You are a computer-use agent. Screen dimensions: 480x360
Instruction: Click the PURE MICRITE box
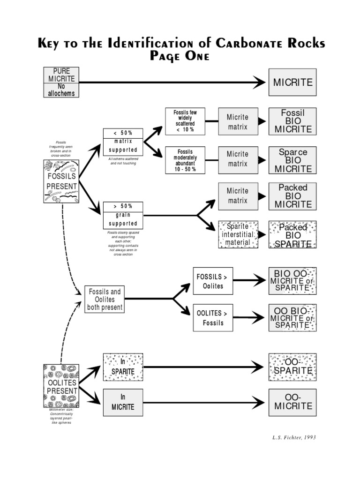coord(61,82)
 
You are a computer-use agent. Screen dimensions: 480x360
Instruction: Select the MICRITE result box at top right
coord(292,82)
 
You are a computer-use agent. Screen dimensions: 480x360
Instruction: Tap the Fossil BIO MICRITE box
coord(292,121)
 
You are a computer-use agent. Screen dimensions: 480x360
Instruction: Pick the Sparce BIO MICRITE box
coord(292,160)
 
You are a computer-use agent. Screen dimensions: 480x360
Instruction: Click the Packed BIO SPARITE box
coord(292,235)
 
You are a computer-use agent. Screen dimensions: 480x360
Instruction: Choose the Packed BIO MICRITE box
coord(292,196)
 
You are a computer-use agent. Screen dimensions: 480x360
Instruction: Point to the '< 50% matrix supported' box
coord(123,142)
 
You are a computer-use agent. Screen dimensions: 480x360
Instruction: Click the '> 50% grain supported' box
coord(123,215)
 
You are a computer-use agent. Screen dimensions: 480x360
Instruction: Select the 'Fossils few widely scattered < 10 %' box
coord(185,121)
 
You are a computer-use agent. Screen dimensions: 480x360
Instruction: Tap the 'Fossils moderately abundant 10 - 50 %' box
coord(185,160)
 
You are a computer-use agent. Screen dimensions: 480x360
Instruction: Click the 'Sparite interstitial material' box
coord(238,234)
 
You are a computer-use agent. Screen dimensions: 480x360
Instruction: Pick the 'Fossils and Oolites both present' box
coord(105,300)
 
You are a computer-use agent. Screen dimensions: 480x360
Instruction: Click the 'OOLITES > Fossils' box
coord(213,317)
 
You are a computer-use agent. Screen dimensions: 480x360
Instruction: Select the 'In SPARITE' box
coord(123,367)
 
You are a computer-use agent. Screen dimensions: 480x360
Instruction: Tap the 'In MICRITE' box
coord(123,402)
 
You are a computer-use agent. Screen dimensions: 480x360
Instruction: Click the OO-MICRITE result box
coord(292,402)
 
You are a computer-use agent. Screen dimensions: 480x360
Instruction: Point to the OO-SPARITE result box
coord(292,367)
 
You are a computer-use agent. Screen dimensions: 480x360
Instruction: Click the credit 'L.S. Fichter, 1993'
coord(294,437)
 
